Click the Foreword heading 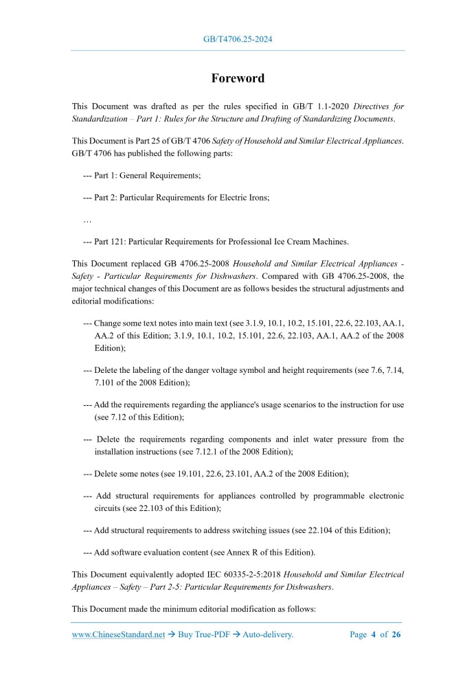point(238,78)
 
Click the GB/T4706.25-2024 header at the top point(238,39)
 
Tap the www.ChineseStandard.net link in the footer point(118,635)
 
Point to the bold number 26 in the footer point(396,635)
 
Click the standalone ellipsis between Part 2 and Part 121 point(87,220)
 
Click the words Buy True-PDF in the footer point(203,635)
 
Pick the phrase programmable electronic point(361,496)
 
